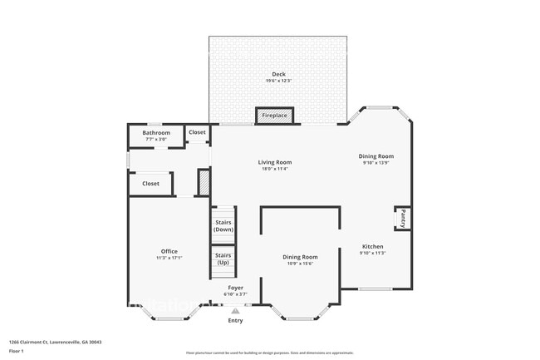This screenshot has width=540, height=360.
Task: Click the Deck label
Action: click(x=277, y=73)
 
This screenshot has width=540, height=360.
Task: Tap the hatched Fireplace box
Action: click(x=273, y=116)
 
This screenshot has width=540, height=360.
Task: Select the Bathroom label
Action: click(x=155, y=133)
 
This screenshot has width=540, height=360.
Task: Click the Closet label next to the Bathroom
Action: click(x=197, y=132)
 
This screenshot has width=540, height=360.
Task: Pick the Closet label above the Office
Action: click(x=150, y=184)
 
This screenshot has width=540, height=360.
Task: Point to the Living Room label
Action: click(x=274, y=162)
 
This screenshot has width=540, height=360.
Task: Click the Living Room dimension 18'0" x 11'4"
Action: click(x=274, y=170)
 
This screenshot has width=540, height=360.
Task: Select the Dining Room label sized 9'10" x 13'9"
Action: click(x=376, y=156)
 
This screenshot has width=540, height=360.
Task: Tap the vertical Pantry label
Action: click(x=403, y=219)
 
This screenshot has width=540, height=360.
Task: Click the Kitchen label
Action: click(x=371, y=246)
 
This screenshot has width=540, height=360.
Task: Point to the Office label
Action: click(x=169, y=251)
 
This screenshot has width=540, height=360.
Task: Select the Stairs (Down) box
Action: click(x=223, y=225)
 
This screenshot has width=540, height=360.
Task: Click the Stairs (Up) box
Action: click(x=223, y=259)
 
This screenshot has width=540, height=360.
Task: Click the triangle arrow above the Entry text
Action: click(x=236, y=311)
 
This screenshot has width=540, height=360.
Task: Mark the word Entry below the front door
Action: click(x=236, y=320)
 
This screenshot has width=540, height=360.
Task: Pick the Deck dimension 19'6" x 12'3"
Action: click(x=277, y=81)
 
